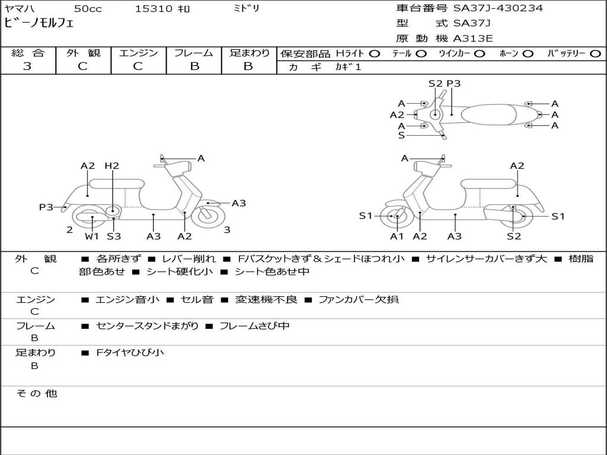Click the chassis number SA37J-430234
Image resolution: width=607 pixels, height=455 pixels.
[498, 8]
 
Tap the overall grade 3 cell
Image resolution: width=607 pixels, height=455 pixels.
[27, 66]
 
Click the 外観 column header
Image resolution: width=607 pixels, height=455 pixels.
[83, 53]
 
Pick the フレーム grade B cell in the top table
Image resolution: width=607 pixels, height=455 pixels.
[194, 66]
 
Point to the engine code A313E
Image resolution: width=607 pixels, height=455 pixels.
[472, 39]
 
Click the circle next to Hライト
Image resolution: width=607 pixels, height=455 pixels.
[374, 53]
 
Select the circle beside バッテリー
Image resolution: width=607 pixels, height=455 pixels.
[595, 53]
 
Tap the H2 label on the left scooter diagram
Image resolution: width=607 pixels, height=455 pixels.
[112, 166]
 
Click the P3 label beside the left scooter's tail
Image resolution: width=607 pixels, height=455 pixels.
[46, 207]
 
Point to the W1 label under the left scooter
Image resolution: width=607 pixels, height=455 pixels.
[91, 236]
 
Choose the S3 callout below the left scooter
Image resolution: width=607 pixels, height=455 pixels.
[114, 236]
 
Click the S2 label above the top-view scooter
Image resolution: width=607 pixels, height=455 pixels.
[435, 84]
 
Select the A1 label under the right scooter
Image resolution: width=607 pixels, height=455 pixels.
[397, 236]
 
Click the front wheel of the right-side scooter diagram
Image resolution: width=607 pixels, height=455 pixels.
[395, 217]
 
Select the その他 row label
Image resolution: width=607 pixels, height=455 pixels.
[36, 393]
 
